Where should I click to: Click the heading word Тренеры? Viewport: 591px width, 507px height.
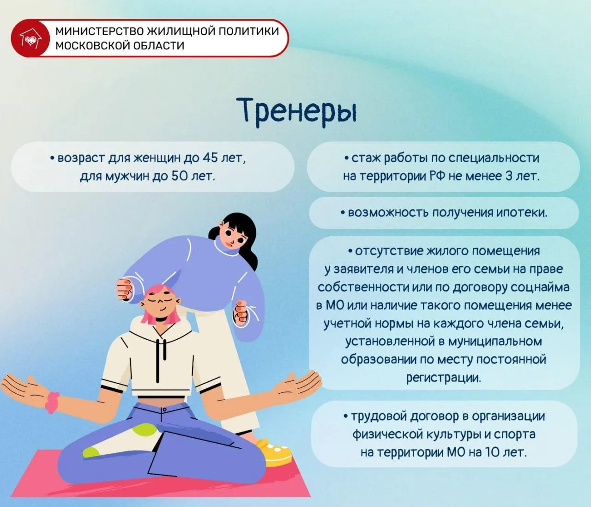pos(297,112)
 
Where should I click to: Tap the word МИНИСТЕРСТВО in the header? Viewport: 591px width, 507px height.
pos(100,31)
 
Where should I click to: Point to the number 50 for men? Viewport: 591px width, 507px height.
pos(179,176)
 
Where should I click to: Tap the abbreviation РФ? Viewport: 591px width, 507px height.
pos(437,176)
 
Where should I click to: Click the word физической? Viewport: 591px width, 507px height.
pos(387,434)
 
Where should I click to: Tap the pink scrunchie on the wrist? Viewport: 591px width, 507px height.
pos(52,402)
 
